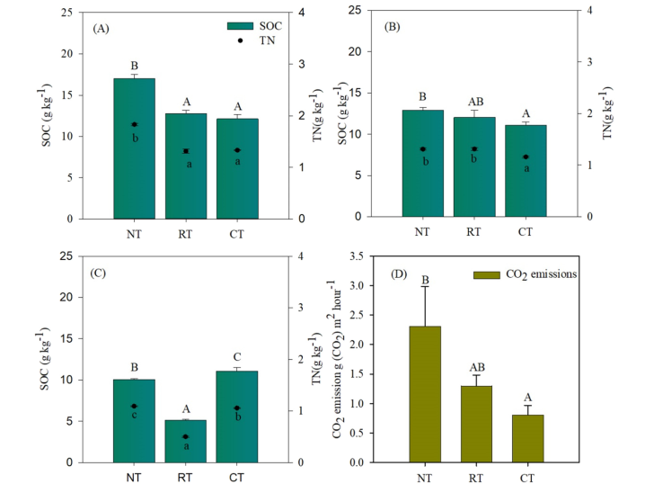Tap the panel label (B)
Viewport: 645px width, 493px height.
coord(392,27)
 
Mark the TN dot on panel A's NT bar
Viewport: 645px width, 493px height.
coord(134,124)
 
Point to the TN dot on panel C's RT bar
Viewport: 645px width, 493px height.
coord(186,436)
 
